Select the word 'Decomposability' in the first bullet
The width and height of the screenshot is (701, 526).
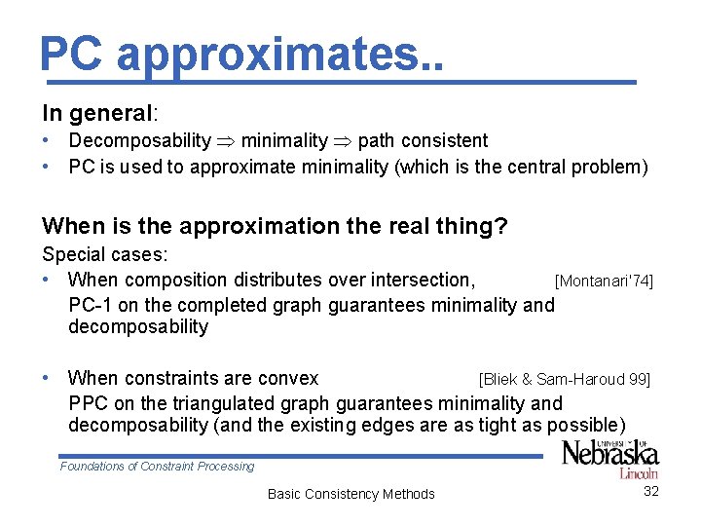tap(139, 141)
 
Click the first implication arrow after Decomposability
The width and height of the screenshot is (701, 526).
tap(226, 142)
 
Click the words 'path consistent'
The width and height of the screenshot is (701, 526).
tap(423, 141)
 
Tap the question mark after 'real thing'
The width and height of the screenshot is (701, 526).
tap(500, 226)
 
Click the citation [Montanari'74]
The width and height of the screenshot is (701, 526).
tap(603, 282)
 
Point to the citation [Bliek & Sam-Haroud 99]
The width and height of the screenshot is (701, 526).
tap(564, 379)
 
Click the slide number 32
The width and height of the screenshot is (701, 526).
tap(651, 491)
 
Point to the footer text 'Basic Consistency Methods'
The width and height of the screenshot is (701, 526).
tap(350, 494)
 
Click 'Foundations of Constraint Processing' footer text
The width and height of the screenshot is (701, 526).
tap(157, 467)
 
